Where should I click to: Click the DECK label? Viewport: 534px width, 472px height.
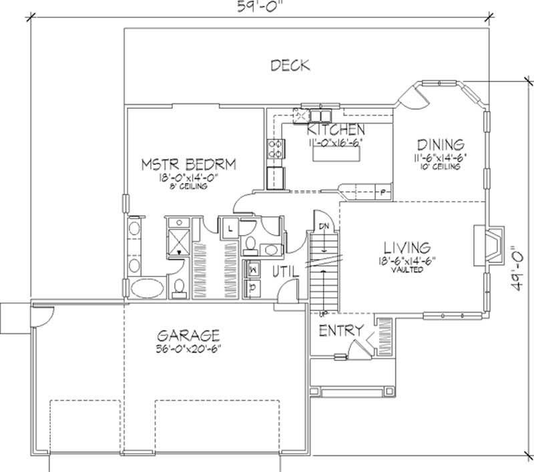[x=290, y=65]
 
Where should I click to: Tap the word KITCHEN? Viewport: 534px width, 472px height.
[x=335, y=130]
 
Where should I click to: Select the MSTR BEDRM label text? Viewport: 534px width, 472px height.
[x=190, y=164]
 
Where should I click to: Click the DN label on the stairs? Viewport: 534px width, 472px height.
[x=323, y=226]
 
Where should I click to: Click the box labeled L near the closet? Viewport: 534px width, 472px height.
[x=229, y=228]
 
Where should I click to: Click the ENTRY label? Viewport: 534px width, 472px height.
[x=340, y=330]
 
